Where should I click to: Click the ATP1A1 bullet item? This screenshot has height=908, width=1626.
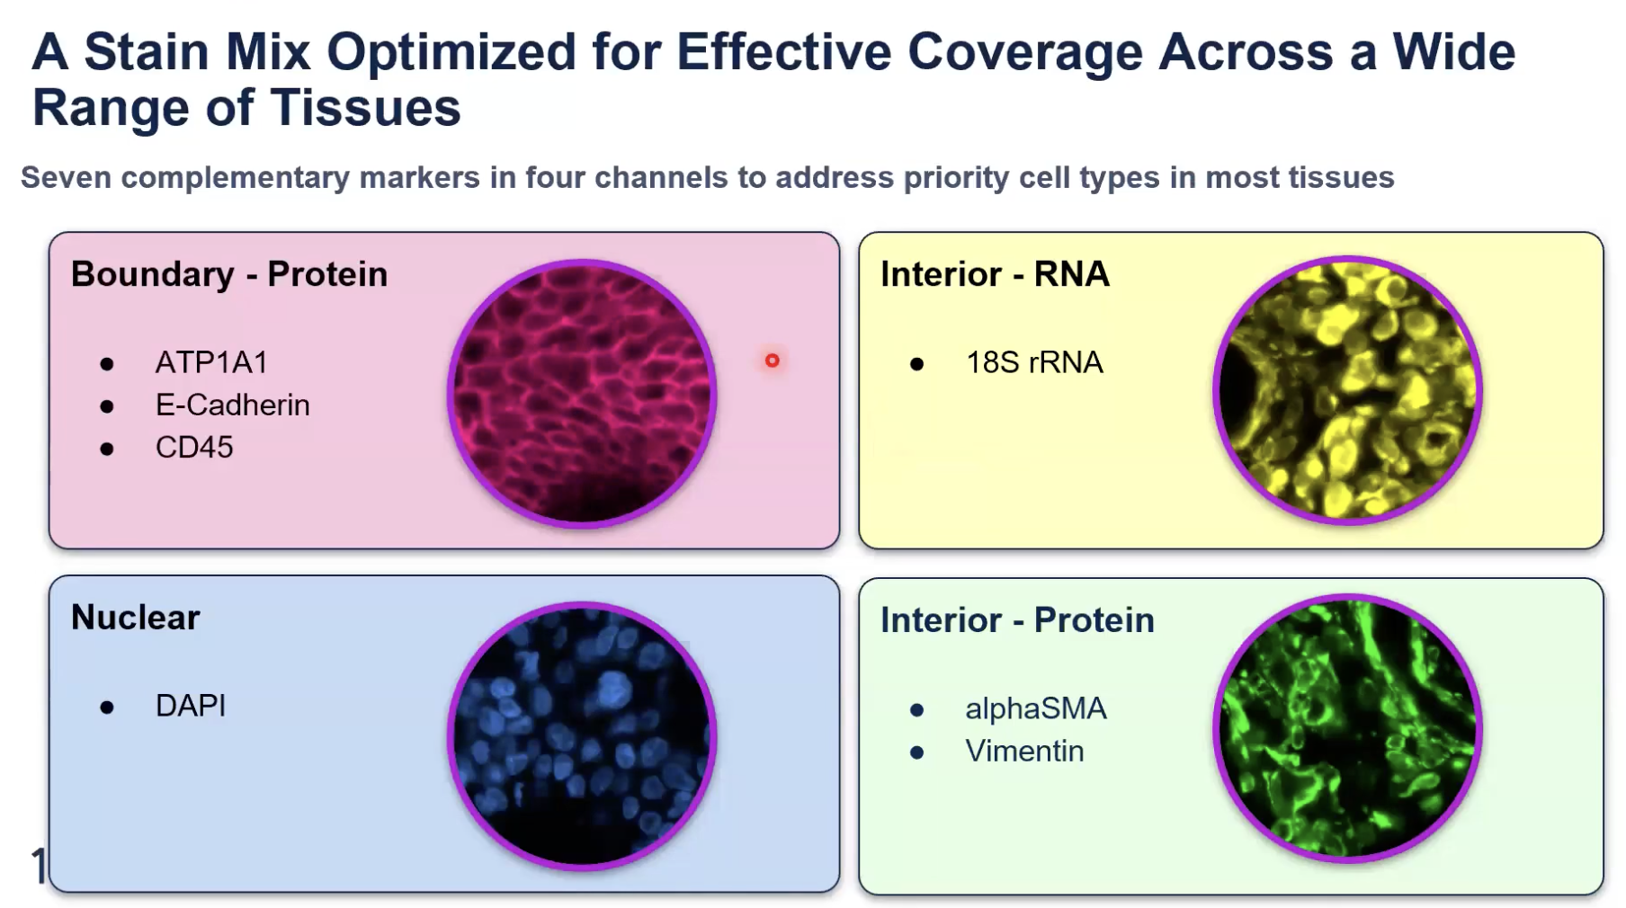click(211, 362)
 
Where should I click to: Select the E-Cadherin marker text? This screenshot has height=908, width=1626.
click(232, 405)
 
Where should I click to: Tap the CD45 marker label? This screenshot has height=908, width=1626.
click(194, 447)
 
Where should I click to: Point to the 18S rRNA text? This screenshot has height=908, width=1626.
click(1034, 362)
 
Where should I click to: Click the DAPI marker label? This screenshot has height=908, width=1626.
click(191, 706)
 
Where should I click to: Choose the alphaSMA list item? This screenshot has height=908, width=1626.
click(1036, 709)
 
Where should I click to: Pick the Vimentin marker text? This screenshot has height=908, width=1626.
click(1024, 751)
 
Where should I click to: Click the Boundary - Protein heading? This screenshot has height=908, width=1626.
click(229, 274)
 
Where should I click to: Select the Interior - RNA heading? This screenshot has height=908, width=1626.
click(995, 274)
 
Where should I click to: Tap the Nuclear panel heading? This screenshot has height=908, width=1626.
click(136, 618)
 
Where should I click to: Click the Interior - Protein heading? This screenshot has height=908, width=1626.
click(1017, 620)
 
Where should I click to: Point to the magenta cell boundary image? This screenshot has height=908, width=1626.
click(582, 394)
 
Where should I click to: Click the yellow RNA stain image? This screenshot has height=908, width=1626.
click(1347, 390)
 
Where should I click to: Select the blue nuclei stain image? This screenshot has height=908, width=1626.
click(582, 736)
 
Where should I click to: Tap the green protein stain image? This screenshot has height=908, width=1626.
click(1347, 728)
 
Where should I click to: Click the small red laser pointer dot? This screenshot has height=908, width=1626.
click(772, 361)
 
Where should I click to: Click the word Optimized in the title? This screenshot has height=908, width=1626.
click(451, 51)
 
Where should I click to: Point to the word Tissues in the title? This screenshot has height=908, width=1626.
click(366, 108)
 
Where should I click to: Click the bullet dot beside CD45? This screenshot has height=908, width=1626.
click(107, 449)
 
